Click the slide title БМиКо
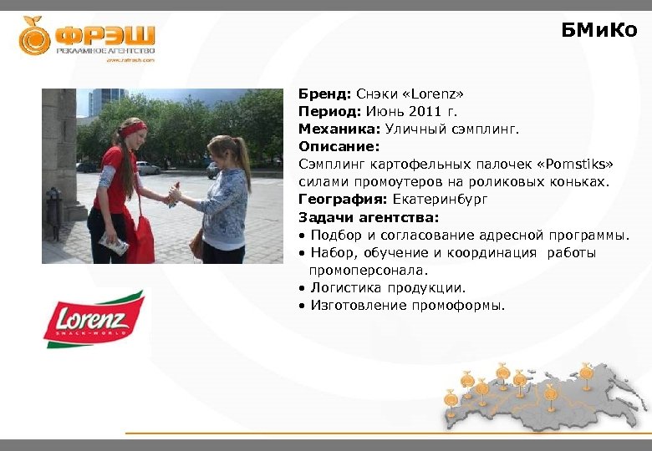click(599, 31)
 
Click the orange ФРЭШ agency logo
click(87, 37)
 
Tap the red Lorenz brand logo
click(94, 319)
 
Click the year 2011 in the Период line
click(426, 112)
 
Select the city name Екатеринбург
click(440, 200)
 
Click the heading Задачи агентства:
click(368, 217)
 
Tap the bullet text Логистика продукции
click(388, 287)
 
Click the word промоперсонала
click(368, 270)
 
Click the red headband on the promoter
click(132, 129)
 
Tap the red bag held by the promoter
click(144, 238)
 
